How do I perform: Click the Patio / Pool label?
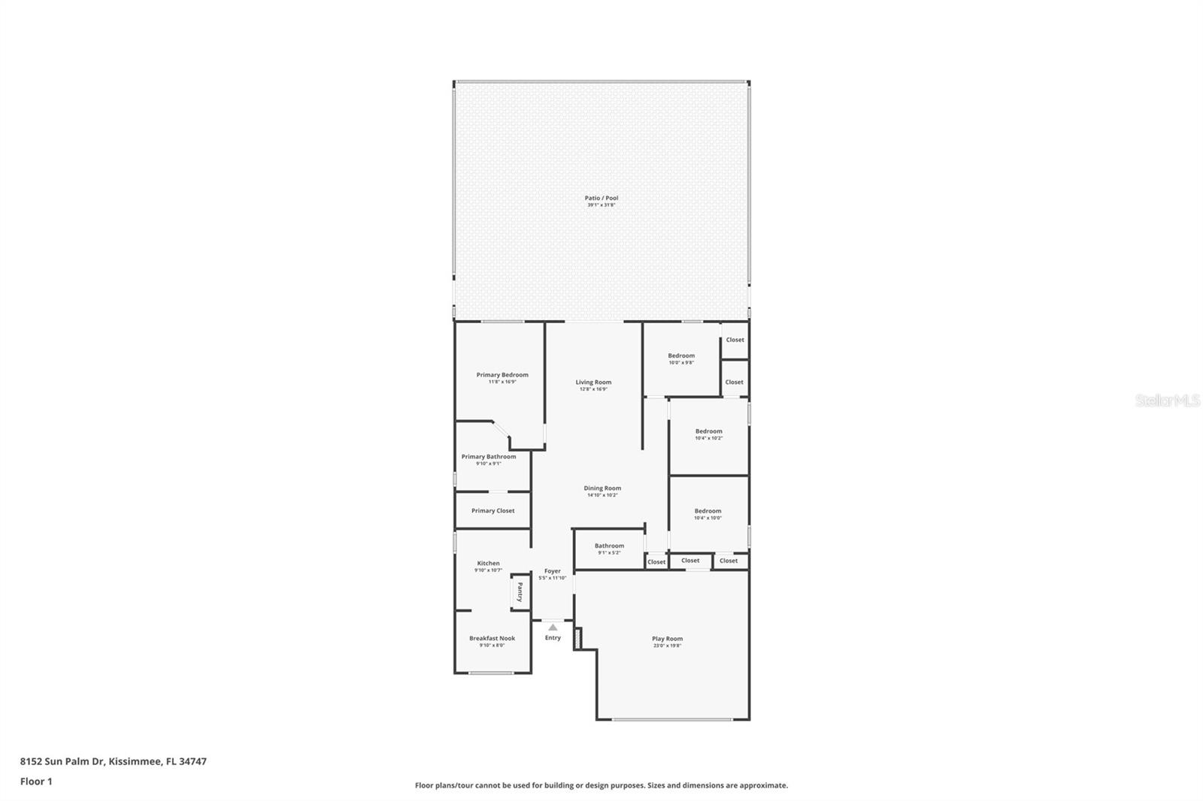coord(601,198)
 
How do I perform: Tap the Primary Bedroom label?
coord(502,375)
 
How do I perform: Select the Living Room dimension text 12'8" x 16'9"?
coord(593,389)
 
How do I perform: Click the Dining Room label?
coord(602,488)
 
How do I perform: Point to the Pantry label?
coord(519,592)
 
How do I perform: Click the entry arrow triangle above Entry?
coord(553,627)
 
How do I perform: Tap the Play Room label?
coord(667,639)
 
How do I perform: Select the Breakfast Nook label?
coord(492,638)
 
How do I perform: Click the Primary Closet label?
coord(493,511)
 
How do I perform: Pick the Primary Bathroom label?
coord(489,457)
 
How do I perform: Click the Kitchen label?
coord(488,564)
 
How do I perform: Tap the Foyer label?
coord(553,571)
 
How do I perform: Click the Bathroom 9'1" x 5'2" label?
coord(609,546)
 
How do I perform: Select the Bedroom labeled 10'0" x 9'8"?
coord(681,356)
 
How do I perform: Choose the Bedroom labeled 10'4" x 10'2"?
coord(708,432)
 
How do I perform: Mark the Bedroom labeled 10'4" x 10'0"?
coord(708,512)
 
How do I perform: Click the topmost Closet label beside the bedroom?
coord(735,340)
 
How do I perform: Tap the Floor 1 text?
coord(36,781)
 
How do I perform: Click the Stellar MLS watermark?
coord(1167,401)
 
